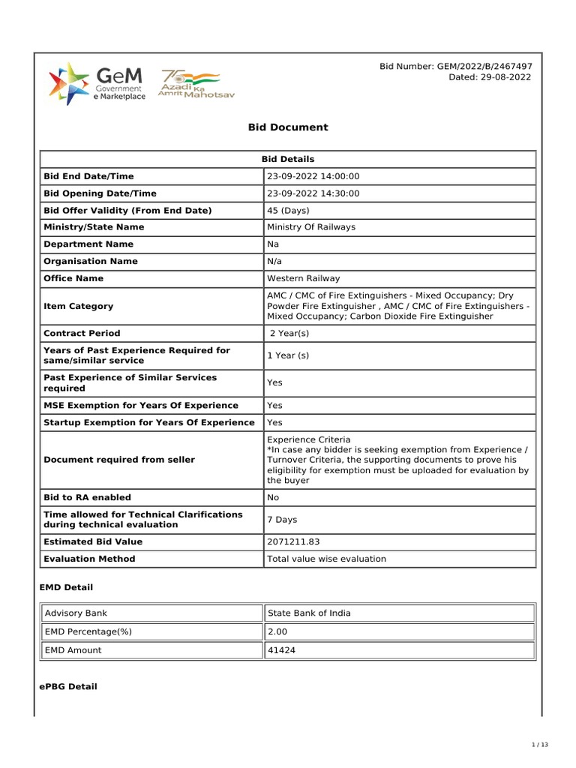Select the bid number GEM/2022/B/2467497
[456, 67]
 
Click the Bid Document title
[288, 127]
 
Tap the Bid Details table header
[288, 159]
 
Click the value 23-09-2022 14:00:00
[313, 176]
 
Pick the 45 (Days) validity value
[288, 211]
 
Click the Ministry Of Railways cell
[311, 227]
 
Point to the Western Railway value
[303, 278]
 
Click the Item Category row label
[79, 306]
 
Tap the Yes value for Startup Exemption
[274, 422]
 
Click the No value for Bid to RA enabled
[274, 497]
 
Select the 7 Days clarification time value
[282, 519]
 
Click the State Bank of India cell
[309, 613]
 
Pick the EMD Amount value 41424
[281, 650]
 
